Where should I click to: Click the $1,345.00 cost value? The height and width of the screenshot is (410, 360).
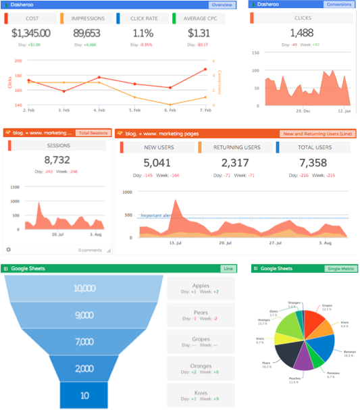pos(30,32)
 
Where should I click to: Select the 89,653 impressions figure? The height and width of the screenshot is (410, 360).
pos(86,32)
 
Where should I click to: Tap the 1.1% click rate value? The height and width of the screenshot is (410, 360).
pos(143,32)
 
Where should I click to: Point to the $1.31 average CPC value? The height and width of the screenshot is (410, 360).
pos(199,32)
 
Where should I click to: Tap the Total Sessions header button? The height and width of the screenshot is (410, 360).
pos(92,133)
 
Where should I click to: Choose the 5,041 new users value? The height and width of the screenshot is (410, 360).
pos(157,162)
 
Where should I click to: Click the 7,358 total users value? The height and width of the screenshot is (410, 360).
pos(314,162)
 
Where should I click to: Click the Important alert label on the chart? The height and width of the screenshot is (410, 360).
pos(157,215)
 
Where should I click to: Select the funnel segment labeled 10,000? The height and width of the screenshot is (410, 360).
pos(85,288)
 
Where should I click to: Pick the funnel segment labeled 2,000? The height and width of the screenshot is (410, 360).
pos(85,367)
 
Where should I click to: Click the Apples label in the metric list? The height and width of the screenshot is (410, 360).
pos(201,286)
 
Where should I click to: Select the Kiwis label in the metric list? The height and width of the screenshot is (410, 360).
pos(201,392)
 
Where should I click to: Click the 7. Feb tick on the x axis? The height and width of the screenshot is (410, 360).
pos(205,109)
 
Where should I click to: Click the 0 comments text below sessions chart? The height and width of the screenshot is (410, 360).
pos(89,250)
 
